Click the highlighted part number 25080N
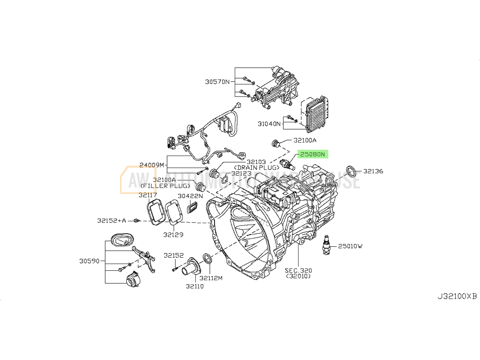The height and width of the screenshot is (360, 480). click(x=313, y=154)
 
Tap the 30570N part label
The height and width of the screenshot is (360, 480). click(x=217, y=82)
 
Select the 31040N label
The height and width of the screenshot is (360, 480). click(x=269, y=123)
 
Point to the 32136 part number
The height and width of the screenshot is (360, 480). click(x=373, y=170)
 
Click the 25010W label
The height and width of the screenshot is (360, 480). click(x=350, y=246)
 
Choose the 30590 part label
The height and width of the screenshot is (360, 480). click(x=90, y=262)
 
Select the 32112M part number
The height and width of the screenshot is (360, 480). click(x=211, y=278)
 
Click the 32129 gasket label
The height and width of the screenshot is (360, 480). click(x=172, y=235)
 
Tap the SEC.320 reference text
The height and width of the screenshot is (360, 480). click(x=298, y=270)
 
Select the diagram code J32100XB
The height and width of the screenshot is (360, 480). click(x=457, y=296)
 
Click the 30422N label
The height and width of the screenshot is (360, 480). click(x=191, y=196)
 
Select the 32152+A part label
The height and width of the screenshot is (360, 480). click(x=111, y=220)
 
